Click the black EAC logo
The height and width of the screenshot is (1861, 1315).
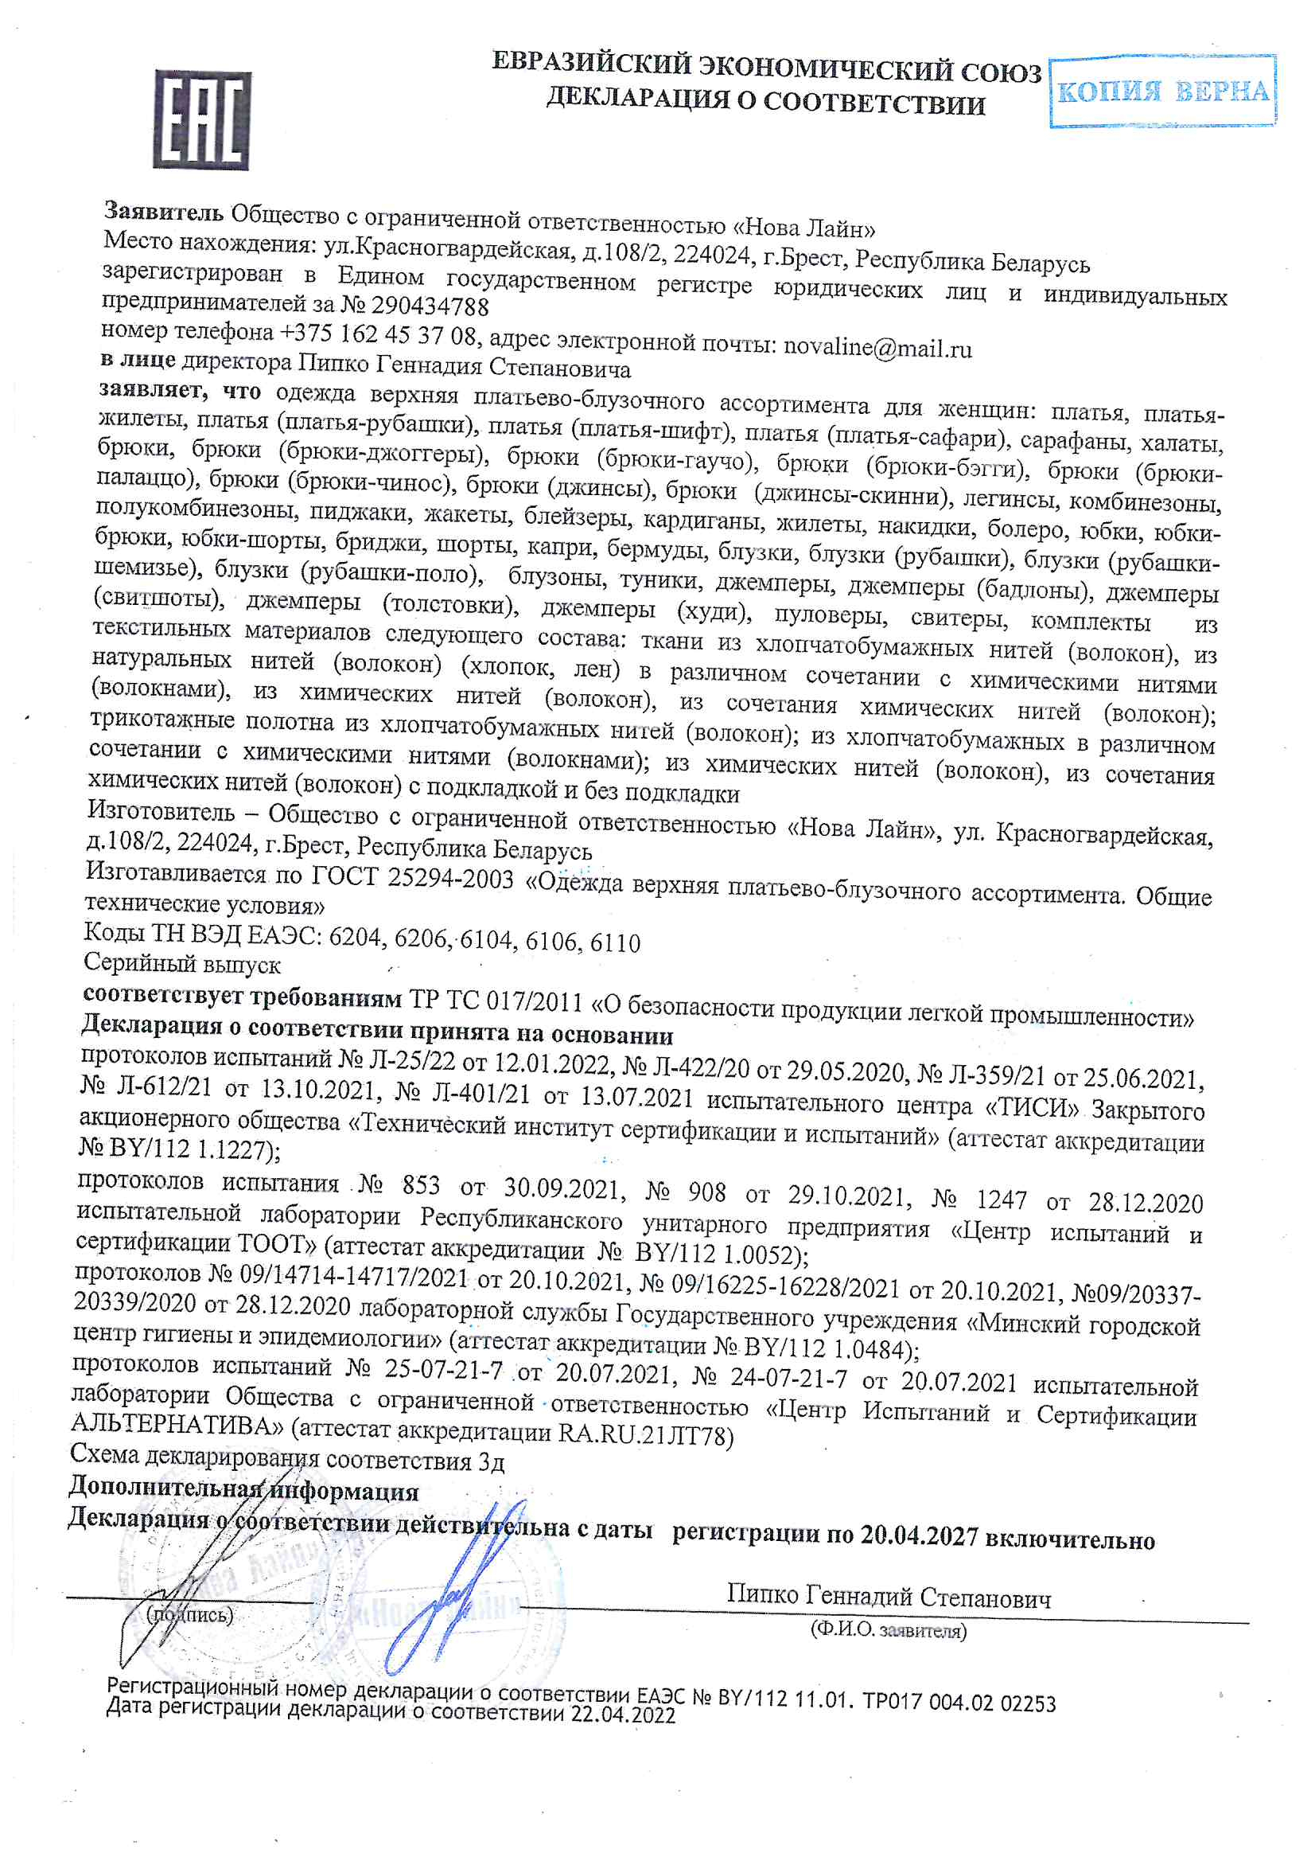[x=202, y=119]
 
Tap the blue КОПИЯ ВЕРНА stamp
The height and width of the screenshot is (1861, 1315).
[x=1162, y=92]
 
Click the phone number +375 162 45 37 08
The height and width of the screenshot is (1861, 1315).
[x=378, y=334]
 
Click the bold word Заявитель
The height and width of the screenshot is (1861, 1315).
[x=164, y=213]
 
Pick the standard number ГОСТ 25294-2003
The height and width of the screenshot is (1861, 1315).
[x=413, y=878]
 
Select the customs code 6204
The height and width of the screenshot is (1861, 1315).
[x=354, y=937]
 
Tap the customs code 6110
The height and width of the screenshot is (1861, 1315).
[x=615, y=942]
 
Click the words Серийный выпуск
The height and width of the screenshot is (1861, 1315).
[x=182, y=964]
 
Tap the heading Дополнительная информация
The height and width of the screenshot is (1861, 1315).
[x=243, y=1490]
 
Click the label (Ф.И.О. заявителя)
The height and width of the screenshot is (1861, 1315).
[x=888, y=1629]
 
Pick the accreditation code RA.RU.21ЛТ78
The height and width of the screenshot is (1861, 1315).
[x=645, y=1435]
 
